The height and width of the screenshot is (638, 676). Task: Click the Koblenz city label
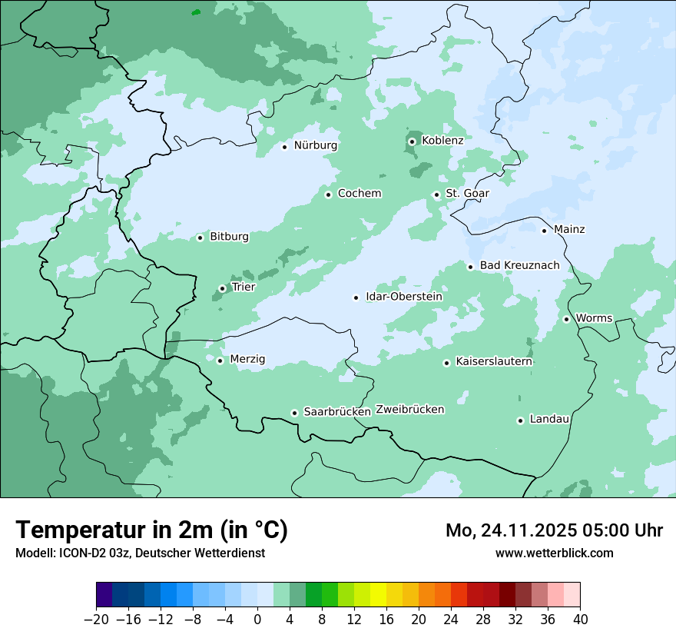[442, 141]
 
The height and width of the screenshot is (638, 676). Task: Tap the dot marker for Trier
[222, 288]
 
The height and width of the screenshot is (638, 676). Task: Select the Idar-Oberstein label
[404, 297]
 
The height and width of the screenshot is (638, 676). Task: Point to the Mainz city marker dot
[544, 230]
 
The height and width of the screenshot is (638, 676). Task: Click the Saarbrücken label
[337, 412]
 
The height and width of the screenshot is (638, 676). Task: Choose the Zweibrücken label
[410, 410]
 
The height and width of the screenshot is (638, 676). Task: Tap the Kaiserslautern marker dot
[446, 363]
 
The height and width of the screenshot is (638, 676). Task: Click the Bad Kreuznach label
[520, 266]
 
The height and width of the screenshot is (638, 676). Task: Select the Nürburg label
[316, 145]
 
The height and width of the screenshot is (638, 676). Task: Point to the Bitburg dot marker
[200, 238]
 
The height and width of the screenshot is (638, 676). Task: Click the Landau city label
[550, 419]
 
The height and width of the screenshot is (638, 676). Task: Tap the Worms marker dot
[566, 319]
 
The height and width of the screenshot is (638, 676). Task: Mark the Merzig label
[247, 359]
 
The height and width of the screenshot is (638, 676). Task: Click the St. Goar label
[468, 194]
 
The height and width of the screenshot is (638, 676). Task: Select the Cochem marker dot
[328, 194]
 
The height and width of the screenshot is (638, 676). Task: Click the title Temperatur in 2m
[151, 530]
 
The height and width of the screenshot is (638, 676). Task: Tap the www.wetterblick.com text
[555, 553]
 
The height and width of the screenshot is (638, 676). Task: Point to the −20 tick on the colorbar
[97, 620]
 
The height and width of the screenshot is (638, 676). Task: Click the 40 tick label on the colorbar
[580, 620]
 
